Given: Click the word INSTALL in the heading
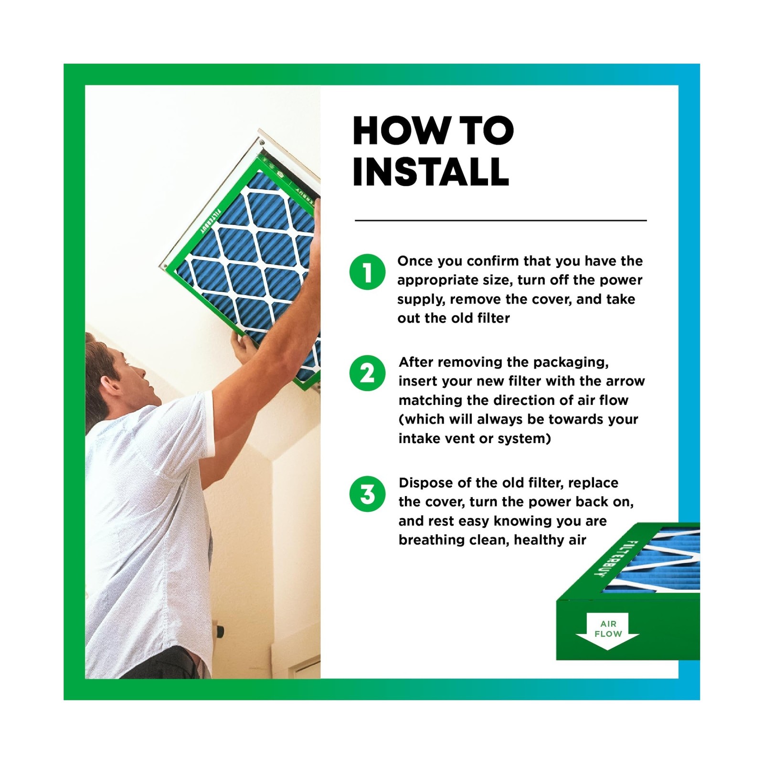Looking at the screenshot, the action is coord(431,171).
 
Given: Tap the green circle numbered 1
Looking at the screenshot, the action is coord(367,272).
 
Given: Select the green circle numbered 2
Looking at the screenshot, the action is coord(367,373).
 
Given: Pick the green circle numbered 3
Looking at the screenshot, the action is coord(367,494).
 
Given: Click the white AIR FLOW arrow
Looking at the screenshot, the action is coord(607,631).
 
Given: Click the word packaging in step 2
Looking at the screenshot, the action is coord(571,363).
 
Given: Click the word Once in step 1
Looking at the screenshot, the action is coord(415,261).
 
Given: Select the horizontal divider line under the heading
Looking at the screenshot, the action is coord(500,221).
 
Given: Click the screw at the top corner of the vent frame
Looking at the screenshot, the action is coord(261,142).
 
